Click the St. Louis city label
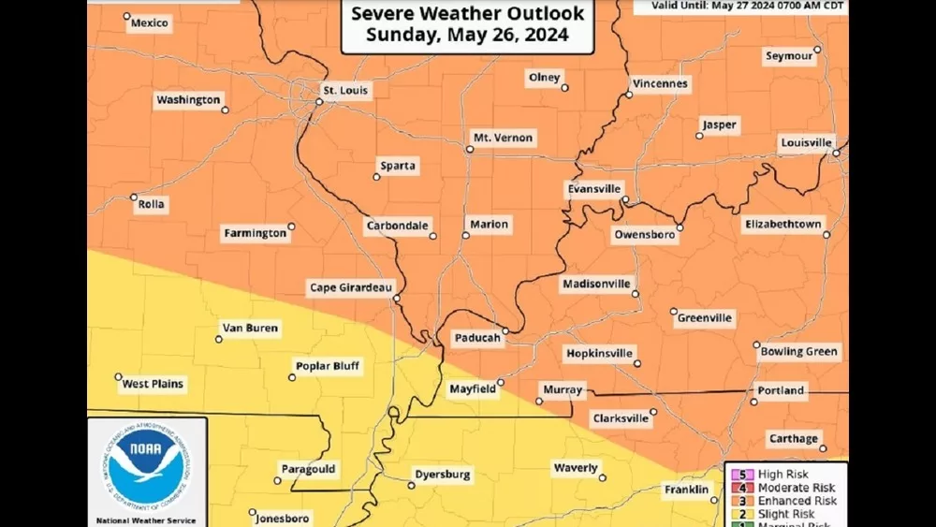pyautogui.click(x=345, y=91)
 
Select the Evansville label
pyautogui.click(x=593, y=189)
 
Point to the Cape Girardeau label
pyautogui.click(x=351, y=288)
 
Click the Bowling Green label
pyautogui.click(x=797, y=351)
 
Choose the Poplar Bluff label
pyautogui.click(x=328, y=366)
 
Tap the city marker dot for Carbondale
pyautogui.click(x=432, y=236)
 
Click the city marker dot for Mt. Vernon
pyautogui.click(x=470, y=148)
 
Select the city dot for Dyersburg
pyautogui.click(x=411, y=485)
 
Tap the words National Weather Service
pyautogui.click(x=145, y=519)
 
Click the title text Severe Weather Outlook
pyautogui.click(x=467, y=14)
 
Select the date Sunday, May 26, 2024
pyautogui.click(x=467, y=37)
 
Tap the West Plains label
pyautogui.click(x=154, y=384)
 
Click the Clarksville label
pyautogui.click(x=620, y=418)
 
